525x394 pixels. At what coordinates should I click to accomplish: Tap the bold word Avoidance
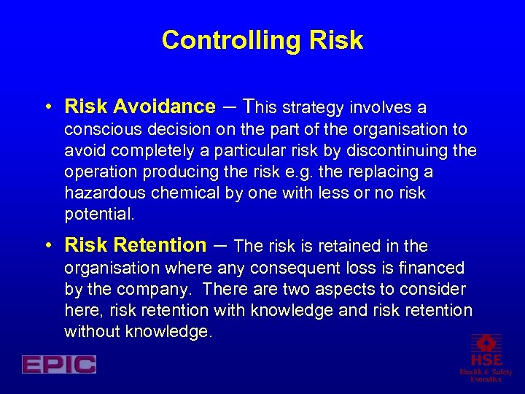pyautogui.click(x=164, y=107)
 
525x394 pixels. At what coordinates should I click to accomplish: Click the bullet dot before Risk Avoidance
pyautogui.click(x=47, y=108)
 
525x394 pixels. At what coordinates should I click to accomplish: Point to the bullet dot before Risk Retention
pyautogui.click(x=47, y=246)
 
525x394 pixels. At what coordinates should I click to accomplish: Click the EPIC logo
pyautogui.click(x=58, y=364)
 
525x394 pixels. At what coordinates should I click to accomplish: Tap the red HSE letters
pyautogui.click(x=486, y=360)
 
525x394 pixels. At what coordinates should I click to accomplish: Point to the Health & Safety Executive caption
pyautogui.click(x=486, y=376)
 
